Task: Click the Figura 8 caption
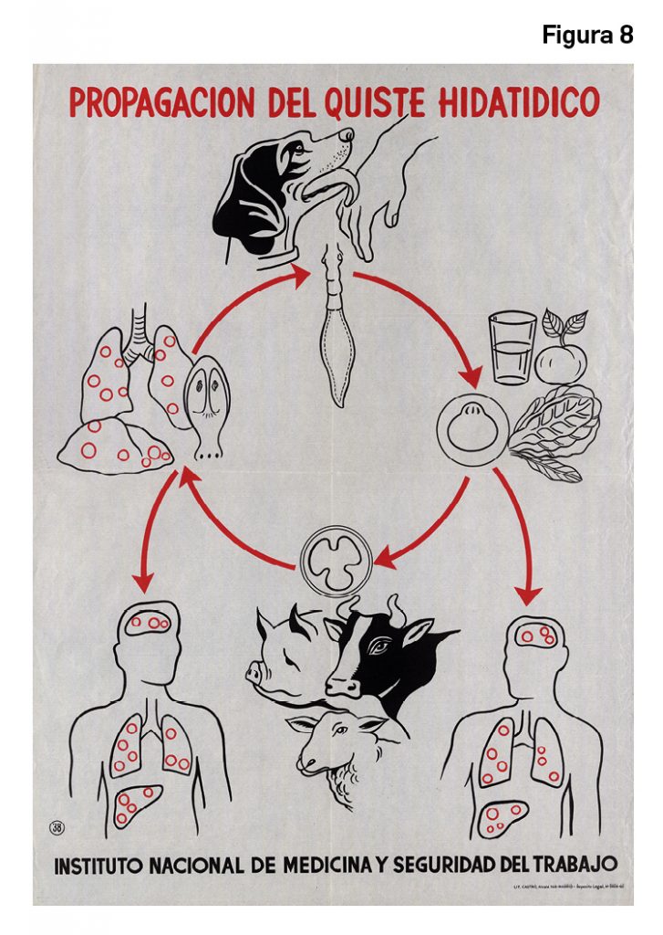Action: (587, 36)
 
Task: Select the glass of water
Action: (513, 349)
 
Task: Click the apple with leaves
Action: (561, 354)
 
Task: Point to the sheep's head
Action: (328, 740)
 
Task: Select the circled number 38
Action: (57, 828)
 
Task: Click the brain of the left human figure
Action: (151, 623)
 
